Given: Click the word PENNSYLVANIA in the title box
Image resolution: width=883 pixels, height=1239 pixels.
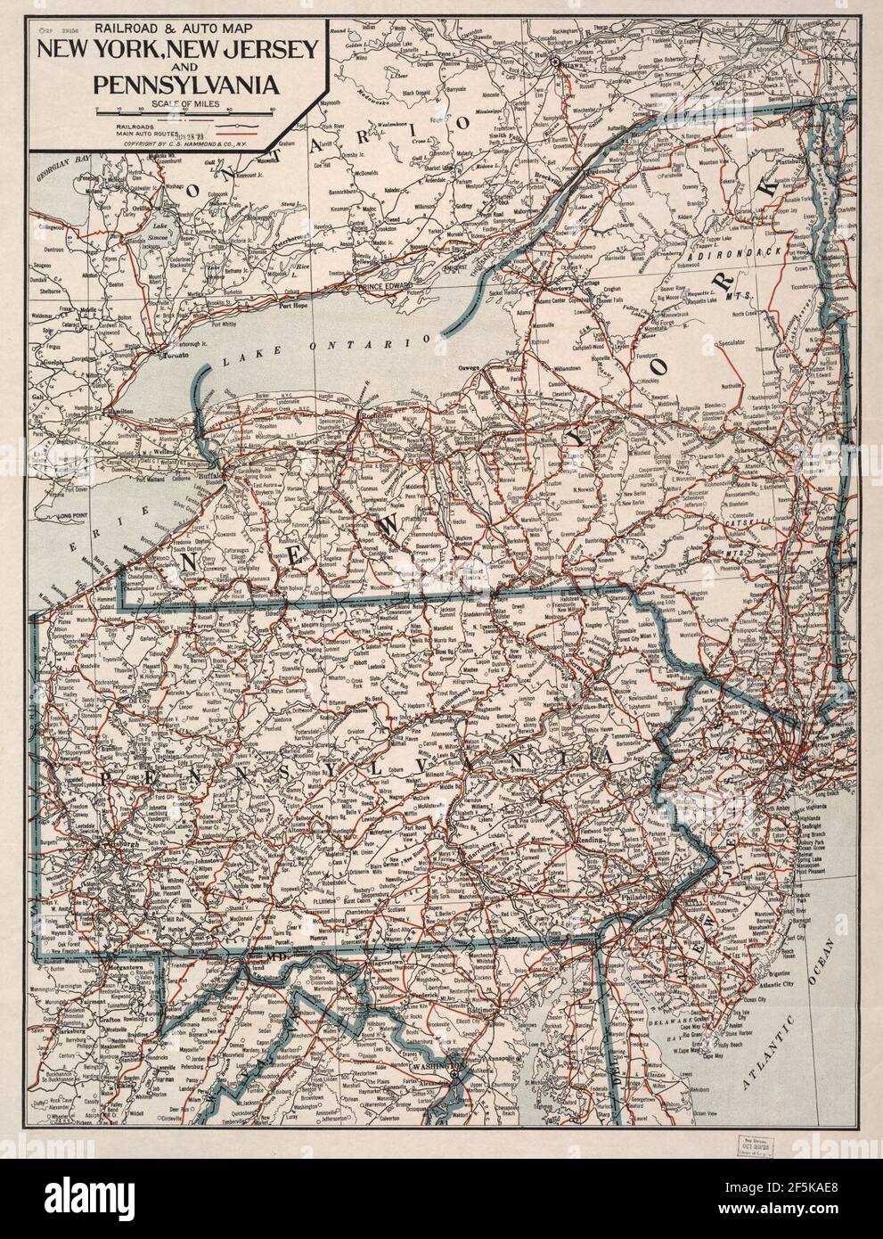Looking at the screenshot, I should tap(175, 86).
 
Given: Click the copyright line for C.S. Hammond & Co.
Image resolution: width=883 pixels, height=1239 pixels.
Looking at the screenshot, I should tap(178, 143).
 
